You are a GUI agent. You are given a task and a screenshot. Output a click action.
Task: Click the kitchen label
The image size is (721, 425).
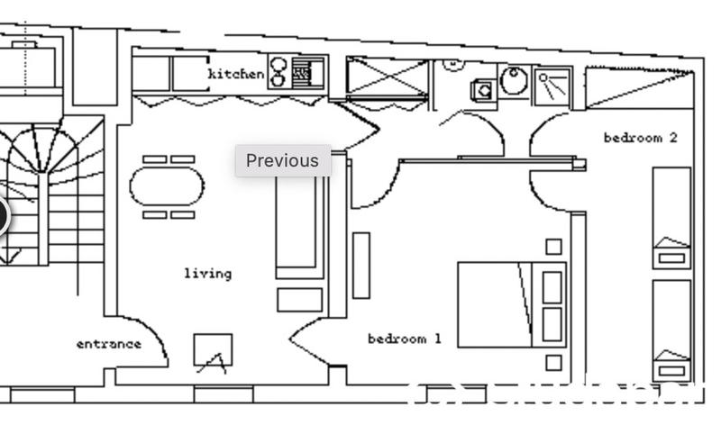(x=236, y=73)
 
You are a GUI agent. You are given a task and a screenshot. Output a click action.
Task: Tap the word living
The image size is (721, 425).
(x=207, y=273)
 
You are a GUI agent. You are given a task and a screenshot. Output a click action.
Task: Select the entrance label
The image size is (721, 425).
(x=108, y=343)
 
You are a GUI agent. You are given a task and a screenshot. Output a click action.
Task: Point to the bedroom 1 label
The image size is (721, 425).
(x=404, y=339)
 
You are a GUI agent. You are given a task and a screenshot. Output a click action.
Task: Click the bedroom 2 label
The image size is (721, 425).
(x=640, y=138)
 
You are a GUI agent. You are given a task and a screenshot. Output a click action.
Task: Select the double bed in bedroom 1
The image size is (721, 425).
(x=510, y=304)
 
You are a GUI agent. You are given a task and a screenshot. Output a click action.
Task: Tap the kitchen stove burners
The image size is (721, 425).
(x=278, y=71)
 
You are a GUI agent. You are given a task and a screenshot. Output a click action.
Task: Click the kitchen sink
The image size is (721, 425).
(x=308, y=71)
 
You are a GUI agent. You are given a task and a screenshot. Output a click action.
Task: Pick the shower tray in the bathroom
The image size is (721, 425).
(x=552, y=85)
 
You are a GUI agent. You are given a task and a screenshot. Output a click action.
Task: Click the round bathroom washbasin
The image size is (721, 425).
(x=515, y=82)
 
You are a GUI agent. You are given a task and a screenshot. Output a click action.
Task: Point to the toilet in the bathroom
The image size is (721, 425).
(x=484, y=89)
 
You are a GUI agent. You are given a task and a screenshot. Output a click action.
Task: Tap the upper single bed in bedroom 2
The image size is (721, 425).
(x=671, y=216)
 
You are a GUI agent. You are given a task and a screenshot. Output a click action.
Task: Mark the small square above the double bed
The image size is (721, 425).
(x=553, y=246)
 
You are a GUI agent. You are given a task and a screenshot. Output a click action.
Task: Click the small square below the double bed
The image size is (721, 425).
(x=553, y=363)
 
